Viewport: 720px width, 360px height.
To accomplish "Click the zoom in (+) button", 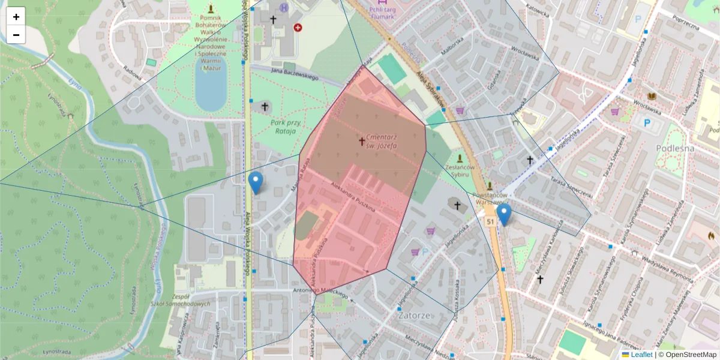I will tap(16, 17).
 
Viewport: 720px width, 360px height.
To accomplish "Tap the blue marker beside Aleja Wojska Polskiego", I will tap(256, 182).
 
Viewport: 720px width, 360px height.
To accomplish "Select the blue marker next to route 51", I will tap(504, 214).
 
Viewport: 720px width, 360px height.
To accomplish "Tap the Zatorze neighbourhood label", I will tap(416, 314).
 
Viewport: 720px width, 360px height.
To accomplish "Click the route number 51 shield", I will tap(491, 222).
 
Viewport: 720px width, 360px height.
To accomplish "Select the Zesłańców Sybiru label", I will tap(461, 170).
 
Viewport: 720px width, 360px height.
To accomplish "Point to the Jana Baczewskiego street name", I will tap(293, 76).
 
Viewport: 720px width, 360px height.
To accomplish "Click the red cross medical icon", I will tap(298, 27).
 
